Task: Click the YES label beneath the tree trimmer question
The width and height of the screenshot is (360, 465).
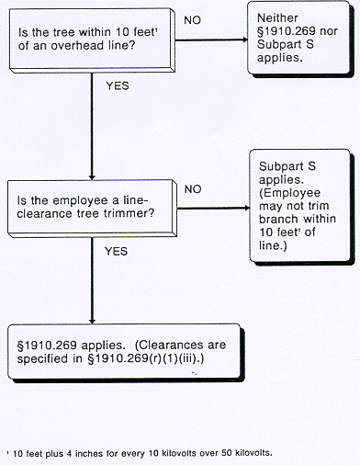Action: [116, 249]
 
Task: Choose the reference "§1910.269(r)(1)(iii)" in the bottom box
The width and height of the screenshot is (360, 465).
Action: [119, 361]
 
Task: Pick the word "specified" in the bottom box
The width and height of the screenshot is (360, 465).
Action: [43, 361]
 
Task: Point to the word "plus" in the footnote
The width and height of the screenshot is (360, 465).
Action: [39, 453]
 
